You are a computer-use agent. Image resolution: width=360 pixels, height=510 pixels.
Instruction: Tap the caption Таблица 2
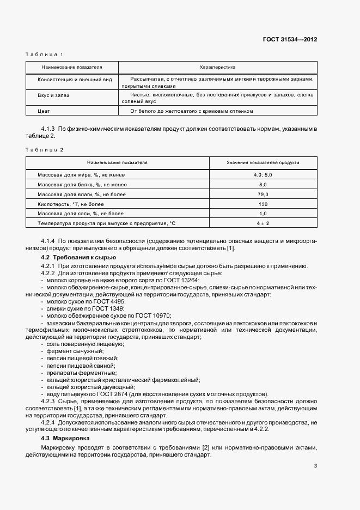click(45, 149)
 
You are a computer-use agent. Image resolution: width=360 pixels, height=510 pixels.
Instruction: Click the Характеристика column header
click(217, 68)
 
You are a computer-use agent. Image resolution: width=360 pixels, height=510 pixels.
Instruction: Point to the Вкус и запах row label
click(53, 95)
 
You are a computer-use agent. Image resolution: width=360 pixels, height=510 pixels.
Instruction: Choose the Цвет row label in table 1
click(43, 111)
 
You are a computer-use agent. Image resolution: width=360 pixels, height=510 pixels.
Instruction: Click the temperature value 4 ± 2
click(263, 223)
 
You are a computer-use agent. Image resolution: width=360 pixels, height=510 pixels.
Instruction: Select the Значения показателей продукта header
click(263, 162)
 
